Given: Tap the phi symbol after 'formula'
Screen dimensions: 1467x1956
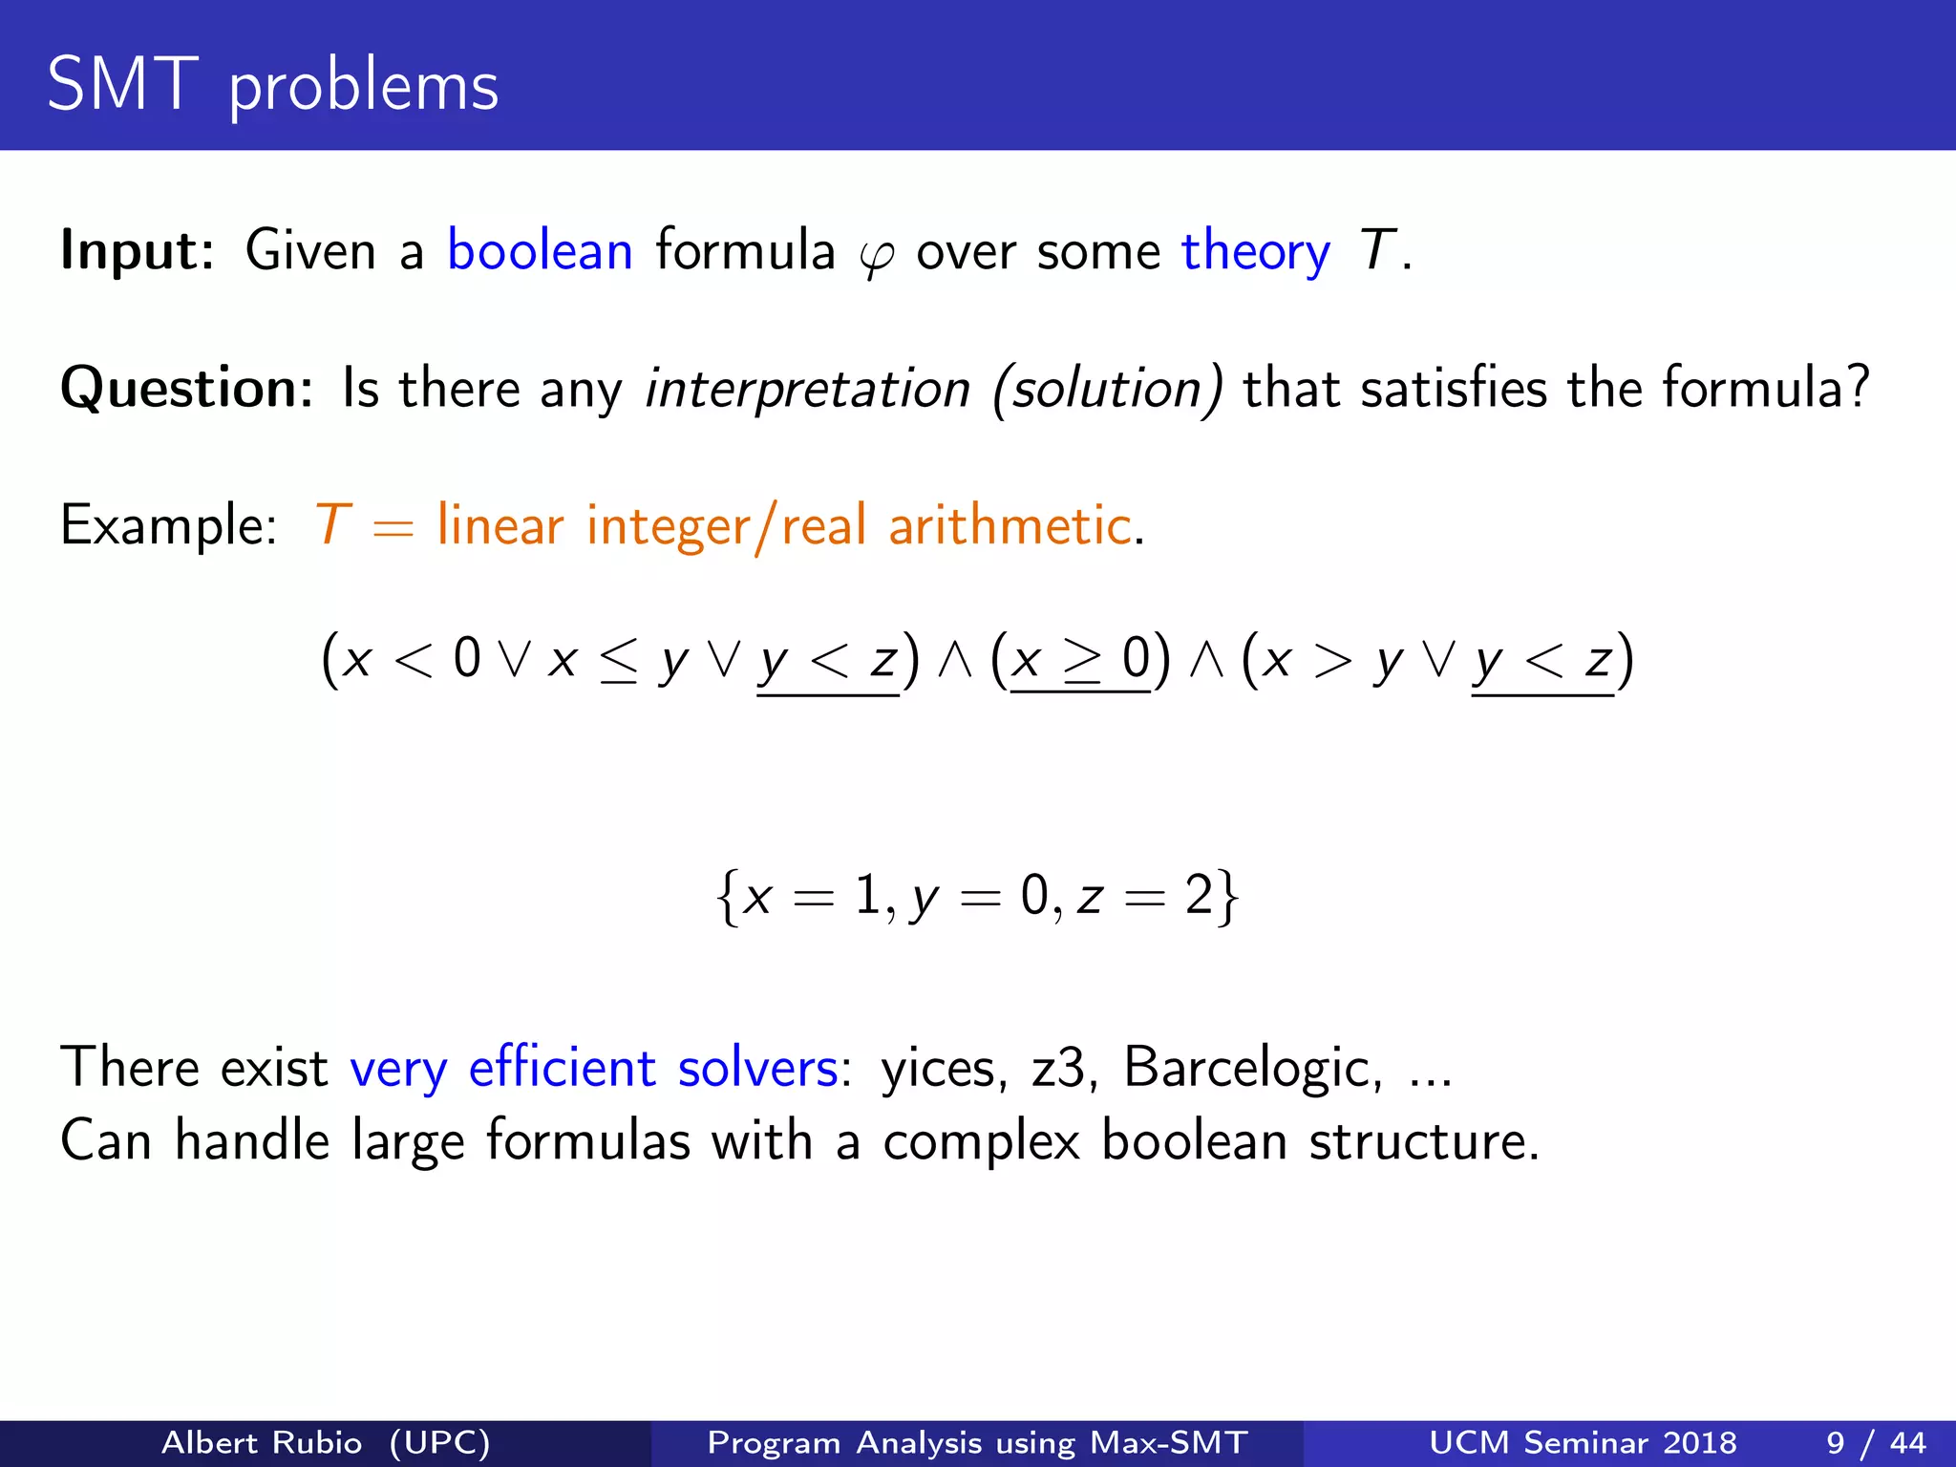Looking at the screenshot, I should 876,256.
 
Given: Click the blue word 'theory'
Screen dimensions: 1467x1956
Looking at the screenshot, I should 1255,252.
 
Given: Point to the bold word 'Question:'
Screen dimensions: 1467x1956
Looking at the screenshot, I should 187,389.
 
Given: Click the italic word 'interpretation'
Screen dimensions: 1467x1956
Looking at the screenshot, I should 807,390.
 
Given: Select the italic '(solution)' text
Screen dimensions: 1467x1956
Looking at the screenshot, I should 1107,390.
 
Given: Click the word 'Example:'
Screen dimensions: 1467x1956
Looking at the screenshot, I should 168,525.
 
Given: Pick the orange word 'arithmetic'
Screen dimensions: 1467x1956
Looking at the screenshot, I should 1009,525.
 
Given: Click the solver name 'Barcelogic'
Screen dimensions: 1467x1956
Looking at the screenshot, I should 1251,1067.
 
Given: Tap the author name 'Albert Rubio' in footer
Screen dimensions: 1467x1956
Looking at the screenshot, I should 262,1442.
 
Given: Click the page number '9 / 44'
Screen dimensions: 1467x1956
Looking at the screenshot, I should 1876,1442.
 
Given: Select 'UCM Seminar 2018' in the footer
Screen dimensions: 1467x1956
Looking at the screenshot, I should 1583,1442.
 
